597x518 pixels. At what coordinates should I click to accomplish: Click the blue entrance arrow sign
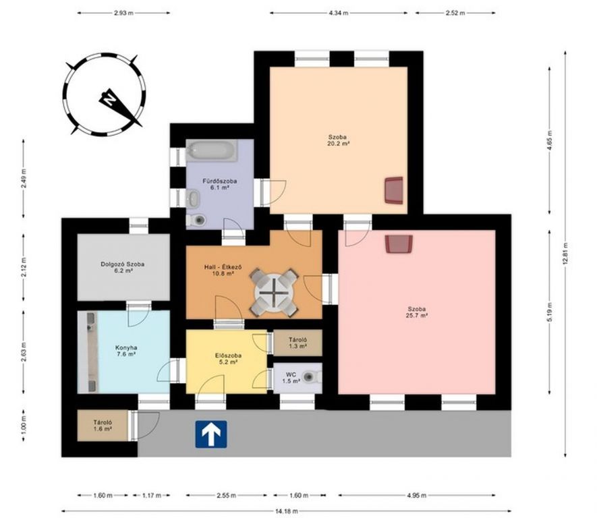tap(211, 434)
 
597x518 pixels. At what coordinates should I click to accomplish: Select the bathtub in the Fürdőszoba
tap(212, 150)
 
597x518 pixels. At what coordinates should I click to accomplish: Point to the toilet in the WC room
tap(311, 377)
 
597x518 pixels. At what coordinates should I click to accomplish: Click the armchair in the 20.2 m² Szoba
tap(394, 190)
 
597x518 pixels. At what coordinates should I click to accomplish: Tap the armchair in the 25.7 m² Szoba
tap(399, 243)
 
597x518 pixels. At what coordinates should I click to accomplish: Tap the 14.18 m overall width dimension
tap(286, 511)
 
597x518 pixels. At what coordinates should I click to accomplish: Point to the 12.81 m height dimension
tap(566, 254)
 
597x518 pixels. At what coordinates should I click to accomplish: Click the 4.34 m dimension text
tap(339, 13)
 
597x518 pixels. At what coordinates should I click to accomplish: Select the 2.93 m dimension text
tap(123, 13)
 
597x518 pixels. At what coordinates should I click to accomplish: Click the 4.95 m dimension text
tap(416, 495)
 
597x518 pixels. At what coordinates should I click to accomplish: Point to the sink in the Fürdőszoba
tap(193, 198)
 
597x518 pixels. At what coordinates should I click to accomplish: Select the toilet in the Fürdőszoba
tap(196, 220)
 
